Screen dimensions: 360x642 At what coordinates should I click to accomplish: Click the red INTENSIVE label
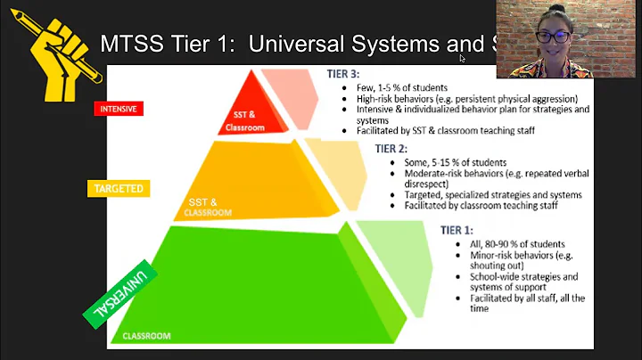coord(119,109)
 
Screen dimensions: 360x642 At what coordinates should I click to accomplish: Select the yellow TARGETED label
coord(118,189)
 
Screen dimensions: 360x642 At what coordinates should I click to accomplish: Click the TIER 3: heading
coord(343,77)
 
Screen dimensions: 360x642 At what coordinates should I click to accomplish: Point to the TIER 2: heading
coord(391,149)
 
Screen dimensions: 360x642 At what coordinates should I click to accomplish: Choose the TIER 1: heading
coord(457,230)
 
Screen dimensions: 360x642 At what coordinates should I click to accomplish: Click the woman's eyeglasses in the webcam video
coord(553,37)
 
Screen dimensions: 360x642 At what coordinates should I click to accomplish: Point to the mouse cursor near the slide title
coord(462,59)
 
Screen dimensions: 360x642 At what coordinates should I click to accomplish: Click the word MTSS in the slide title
coord(130,44)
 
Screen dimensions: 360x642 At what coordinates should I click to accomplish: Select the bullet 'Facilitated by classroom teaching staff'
coord(480,205)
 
